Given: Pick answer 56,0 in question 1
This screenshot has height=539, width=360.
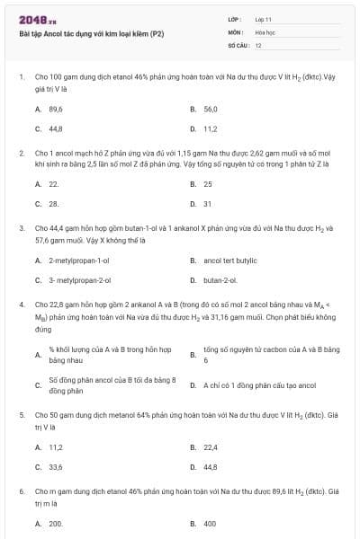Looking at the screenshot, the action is click(211, 109).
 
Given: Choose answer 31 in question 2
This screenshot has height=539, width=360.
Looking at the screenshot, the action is click(208, 203).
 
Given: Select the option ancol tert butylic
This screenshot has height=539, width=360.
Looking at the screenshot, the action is click(232, 260).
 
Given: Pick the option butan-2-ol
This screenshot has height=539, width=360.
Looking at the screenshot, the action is click(221, 279).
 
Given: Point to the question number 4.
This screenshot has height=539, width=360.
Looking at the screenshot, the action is click(21, 305).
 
